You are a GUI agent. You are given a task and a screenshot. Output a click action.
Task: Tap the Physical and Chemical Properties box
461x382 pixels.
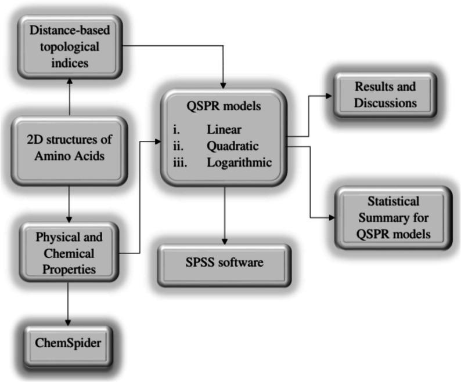69,253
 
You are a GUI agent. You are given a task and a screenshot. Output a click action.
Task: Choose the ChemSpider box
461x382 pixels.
69,343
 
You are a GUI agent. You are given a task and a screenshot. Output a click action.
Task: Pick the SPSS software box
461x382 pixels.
224,263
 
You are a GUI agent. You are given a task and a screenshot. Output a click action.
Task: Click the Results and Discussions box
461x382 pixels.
386,95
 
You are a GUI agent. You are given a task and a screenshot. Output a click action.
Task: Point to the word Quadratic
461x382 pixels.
232,145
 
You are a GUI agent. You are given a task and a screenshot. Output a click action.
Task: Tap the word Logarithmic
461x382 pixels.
239,163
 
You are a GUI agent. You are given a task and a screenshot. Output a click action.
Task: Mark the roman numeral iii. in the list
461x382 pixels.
181,163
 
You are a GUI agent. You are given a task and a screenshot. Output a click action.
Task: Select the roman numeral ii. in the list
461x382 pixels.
180,145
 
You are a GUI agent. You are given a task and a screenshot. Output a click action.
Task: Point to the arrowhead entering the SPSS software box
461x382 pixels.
224,239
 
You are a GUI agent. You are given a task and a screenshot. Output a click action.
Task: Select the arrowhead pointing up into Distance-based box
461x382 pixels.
69,82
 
